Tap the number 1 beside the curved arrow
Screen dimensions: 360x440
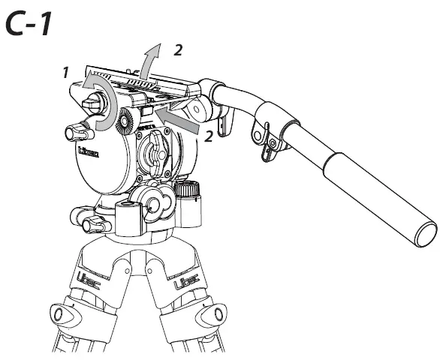(x=66, y=73)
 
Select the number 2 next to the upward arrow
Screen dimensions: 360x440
(x=177, y=49)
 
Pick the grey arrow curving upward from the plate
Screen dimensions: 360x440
(x=152, y=59)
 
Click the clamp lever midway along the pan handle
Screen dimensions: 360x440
(x=263, y=142)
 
